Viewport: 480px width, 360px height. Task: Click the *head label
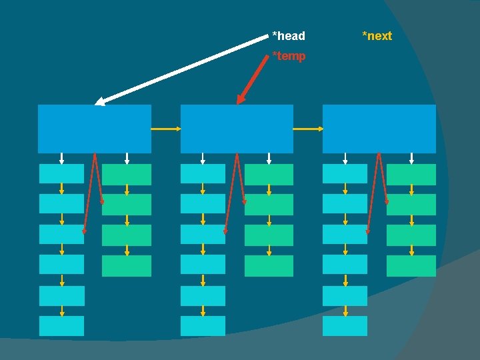[289, 36]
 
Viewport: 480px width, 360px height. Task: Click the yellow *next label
[377, 36]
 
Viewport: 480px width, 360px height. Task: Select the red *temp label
[289, 56]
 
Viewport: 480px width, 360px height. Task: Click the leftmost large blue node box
[94, 128]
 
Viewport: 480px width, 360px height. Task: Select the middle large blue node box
[237, 128]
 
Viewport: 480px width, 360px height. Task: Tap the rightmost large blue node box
[379, 128]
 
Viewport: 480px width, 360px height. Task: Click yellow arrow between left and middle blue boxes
[166, 129]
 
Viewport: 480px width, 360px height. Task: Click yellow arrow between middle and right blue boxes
[308, 129]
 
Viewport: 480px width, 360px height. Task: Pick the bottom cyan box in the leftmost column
[61, 325]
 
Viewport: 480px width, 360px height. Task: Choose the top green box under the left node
[127, 174]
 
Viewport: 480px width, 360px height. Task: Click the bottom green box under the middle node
[269, 265]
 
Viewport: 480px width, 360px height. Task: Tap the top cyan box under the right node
[345, 173]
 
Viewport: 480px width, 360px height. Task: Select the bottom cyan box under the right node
[345, 325]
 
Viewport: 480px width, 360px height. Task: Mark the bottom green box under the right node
[411, 265]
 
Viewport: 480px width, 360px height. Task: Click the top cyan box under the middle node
[203, 173]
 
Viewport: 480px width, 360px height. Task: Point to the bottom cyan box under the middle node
[203, 325]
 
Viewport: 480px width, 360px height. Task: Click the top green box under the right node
[411, 174]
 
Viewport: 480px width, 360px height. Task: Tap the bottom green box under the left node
[127, 265]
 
